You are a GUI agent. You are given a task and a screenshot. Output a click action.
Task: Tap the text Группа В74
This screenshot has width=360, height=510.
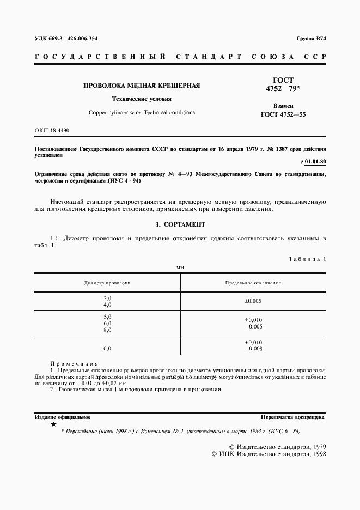(x=310, y=38)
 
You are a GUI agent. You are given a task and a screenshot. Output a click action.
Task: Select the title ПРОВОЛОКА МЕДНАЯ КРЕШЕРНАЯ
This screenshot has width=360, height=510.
(x=141, y=86)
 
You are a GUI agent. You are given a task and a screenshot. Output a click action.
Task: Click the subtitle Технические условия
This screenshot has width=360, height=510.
(x=142, y=99)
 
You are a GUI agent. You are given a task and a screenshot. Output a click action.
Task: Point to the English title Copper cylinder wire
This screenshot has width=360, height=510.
(x=142, y=113)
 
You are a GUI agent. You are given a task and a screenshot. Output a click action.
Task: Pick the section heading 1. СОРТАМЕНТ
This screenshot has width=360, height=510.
(x=180, y=224)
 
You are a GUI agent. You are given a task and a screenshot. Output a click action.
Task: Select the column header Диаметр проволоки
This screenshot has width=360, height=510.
(x=107, y=283)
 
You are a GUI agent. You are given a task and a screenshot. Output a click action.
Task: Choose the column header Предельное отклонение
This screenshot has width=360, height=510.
(x=253, y=283)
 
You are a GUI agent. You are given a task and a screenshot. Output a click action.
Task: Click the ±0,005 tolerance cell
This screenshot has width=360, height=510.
(x=253, y=301)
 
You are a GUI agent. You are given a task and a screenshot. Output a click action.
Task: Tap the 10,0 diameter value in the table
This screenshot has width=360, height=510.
(x=106, y=348)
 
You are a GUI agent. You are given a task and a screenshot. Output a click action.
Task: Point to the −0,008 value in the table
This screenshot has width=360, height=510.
(x=253, y=348)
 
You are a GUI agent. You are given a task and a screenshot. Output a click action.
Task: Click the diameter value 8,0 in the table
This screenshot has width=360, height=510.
(x=107, y=330)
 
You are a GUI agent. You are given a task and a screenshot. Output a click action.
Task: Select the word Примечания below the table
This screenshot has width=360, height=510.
(x=75, y=363)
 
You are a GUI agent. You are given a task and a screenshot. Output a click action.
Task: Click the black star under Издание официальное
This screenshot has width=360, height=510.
(x=53, y=424)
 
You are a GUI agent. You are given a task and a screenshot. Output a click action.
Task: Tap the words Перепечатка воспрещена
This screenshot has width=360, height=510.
(x=292, y=417)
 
